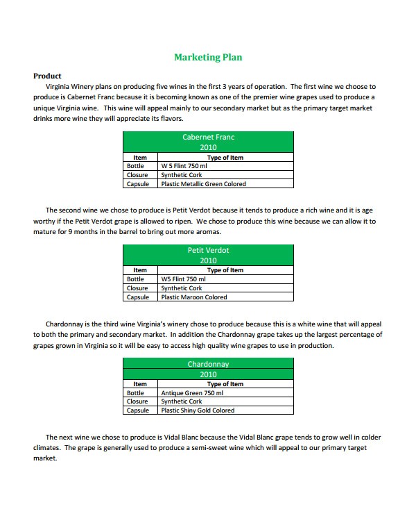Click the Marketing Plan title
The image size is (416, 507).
coord(208,58)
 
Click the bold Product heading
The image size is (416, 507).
coord(47,76)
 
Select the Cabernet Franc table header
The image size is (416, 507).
coord(208,138)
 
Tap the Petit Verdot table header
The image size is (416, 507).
coord(208,250)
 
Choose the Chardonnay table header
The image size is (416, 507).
coord(208,364)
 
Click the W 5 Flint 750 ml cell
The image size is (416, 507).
coord(184,167)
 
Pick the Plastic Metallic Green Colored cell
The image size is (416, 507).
coord(203,184)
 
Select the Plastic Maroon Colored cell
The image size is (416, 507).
coord(193,297)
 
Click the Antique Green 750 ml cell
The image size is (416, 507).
coord(192,393)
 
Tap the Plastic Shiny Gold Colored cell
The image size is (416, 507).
coord(198,410)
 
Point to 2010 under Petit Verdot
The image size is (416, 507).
coord(208,260)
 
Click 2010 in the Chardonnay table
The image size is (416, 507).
coord(208,374)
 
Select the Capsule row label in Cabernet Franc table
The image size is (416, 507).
coord(137,184)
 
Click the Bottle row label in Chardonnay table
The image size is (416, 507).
coord(135,393)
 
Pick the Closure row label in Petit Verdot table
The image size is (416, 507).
coord(137,288)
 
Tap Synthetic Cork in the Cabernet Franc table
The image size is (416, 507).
coord(181,175)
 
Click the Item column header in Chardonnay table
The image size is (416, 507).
coord(140,384)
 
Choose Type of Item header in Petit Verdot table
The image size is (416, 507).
coord(225,270)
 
